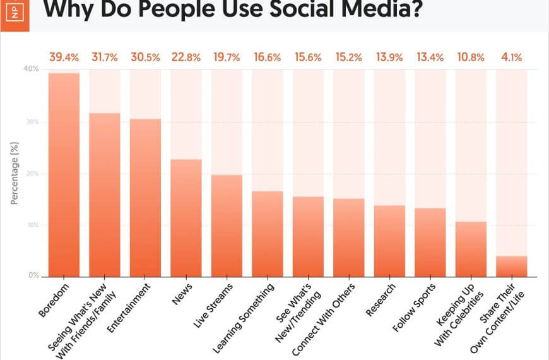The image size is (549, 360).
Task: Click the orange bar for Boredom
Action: coord(64,175)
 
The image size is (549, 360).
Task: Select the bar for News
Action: coord(186,218)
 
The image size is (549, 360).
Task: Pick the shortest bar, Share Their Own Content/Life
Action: coord(512,266)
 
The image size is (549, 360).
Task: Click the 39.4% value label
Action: coord(64,57)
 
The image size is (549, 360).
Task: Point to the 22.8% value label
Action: coord(186,57)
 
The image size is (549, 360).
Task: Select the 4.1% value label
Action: coord(512,57)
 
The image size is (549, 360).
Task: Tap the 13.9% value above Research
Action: coord(389,57)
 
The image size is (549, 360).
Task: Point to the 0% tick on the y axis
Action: coord(33,276)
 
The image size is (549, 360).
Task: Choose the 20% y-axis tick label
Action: coord(32,173)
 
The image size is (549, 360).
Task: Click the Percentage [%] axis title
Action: coord(15,173)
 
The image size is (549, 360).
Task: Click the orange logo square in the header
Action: coord(16,11)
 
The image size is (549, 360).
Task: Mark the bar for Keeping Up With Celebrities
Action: coord(471,249)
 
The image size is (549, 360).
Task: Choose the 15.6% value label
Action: coord(308,57)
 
